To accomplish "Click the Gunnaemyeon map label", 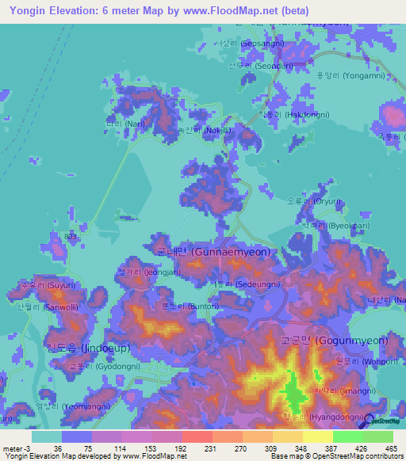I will [213, 251].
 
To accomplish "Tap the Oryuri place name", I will [304, 200].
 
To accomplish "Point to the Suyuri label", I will [38, 283].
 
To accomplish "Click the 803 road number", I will [71, 237].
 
